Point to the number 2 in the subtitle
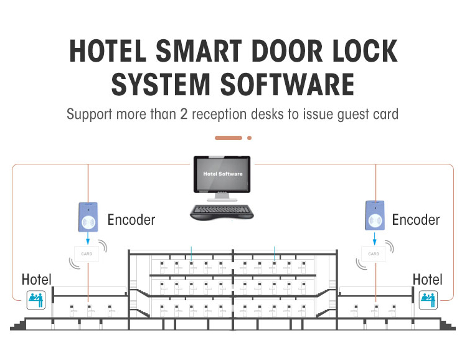(200, 115)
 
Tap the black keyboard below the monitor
(222, 212)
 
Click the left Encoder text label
(131, 220)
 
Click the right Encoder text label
(415, 220)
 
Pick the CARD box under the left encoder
(87, 253)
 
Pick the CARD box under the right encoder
(374, 253)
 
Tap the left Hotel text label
(37, 279)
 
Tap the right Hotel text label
(428, 279)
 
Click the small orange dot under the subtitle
(249, 138)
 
